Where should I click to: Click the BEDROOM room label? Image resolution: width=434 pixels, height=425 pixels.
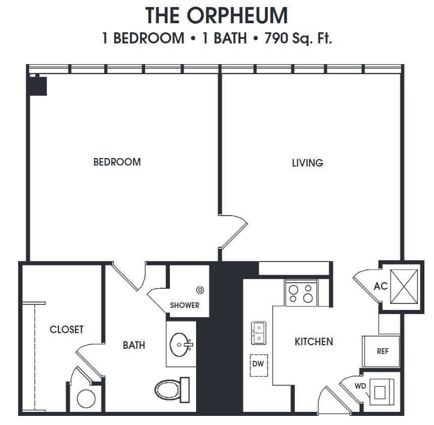pos(117,162)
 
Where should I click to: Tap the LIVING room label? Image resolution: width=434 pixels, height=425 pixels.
pos(307,163)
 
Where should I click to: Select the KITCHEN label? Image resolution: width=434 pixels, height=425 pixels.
pos(314,342)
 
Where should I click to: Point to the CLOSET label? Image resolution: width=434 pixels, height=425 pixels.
pos(67,330)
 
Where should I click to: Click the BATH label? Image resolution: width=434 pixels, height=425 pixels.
pos(134,345)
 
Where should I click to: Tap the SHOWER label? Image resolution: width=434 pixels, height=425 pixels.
pos(184,305)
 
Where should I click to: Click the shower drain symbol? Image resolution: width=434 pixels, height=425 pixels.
pos(200,290)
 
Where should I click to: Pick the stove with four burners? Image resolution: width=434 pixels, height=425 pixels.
pos(301,294)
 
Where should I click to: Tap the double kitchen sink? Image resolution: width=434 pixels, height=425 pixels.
pos(259,333)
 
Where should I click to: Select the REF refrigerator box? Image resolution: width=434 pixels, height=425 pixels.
pos(382,351)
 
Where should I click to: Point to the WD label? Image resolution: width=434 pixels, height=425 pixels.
pos(360,386)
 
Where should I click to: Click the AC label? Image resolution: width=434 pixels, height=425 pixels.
pos(381,286)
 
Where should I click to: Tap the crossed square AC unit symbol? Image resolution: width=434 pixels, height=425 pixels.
pos(404,286)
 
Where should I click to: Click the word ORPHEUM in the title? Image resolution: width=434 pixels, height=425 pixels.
pos(237,16)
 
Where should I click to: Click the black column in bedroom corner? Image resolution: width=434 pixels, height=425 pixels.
pos(38,86)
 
